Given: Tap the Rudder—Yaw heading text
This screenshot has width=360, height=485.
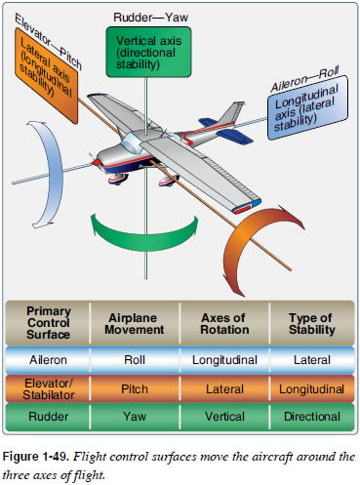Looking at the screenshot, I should (149, 16).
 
